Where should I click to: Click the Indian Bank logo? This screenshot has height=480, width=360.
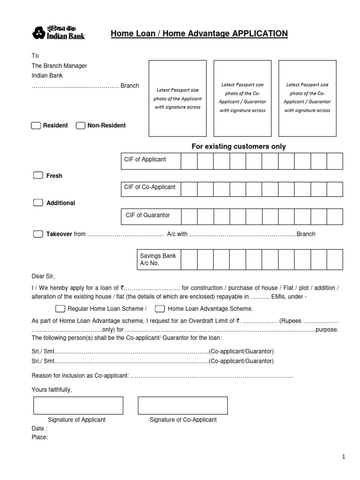point(58,33)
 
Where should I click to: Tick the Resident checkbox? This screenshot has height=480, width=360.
point(36,126)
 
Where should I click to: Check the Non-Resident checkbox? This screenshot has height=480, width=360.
point(81,126)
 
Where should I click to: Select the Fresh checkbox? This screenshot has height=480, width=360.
point(38,175)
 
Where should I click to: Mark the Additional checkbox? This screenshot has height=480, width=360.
point(38,202)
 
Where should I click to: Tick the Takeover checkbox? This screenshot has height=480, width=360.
point(38,234)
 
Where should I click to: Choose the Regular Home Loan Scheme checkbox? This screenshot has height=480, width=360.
point(60,308)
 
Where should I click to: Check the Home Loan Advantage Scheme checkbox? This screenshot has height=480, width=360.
point(160,308)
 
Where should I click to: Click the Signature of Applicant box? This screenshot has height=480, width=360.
point(78,405)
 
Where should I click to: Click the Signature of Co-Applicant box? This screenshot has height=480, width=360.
point(182,405)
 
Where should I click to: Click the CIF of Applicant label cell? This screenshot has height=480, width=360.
point(150,161)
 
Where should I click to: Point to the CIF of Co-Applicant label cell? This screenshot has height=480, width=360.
point(150,188)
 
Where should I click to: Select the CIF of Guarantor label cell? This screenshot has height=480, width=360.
point(150,216)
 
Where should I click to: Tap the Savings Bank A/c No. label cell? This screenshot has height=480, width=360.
point(158,260)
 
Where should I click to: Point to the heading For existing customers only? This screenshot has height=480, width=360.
point(239,147)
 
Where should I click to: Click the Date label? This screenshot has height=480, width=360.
point(39,428)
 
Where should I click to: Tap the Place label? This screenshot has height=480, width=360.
point(39,437)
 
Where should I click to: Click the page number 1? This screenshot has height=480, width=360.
point(343,457)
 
